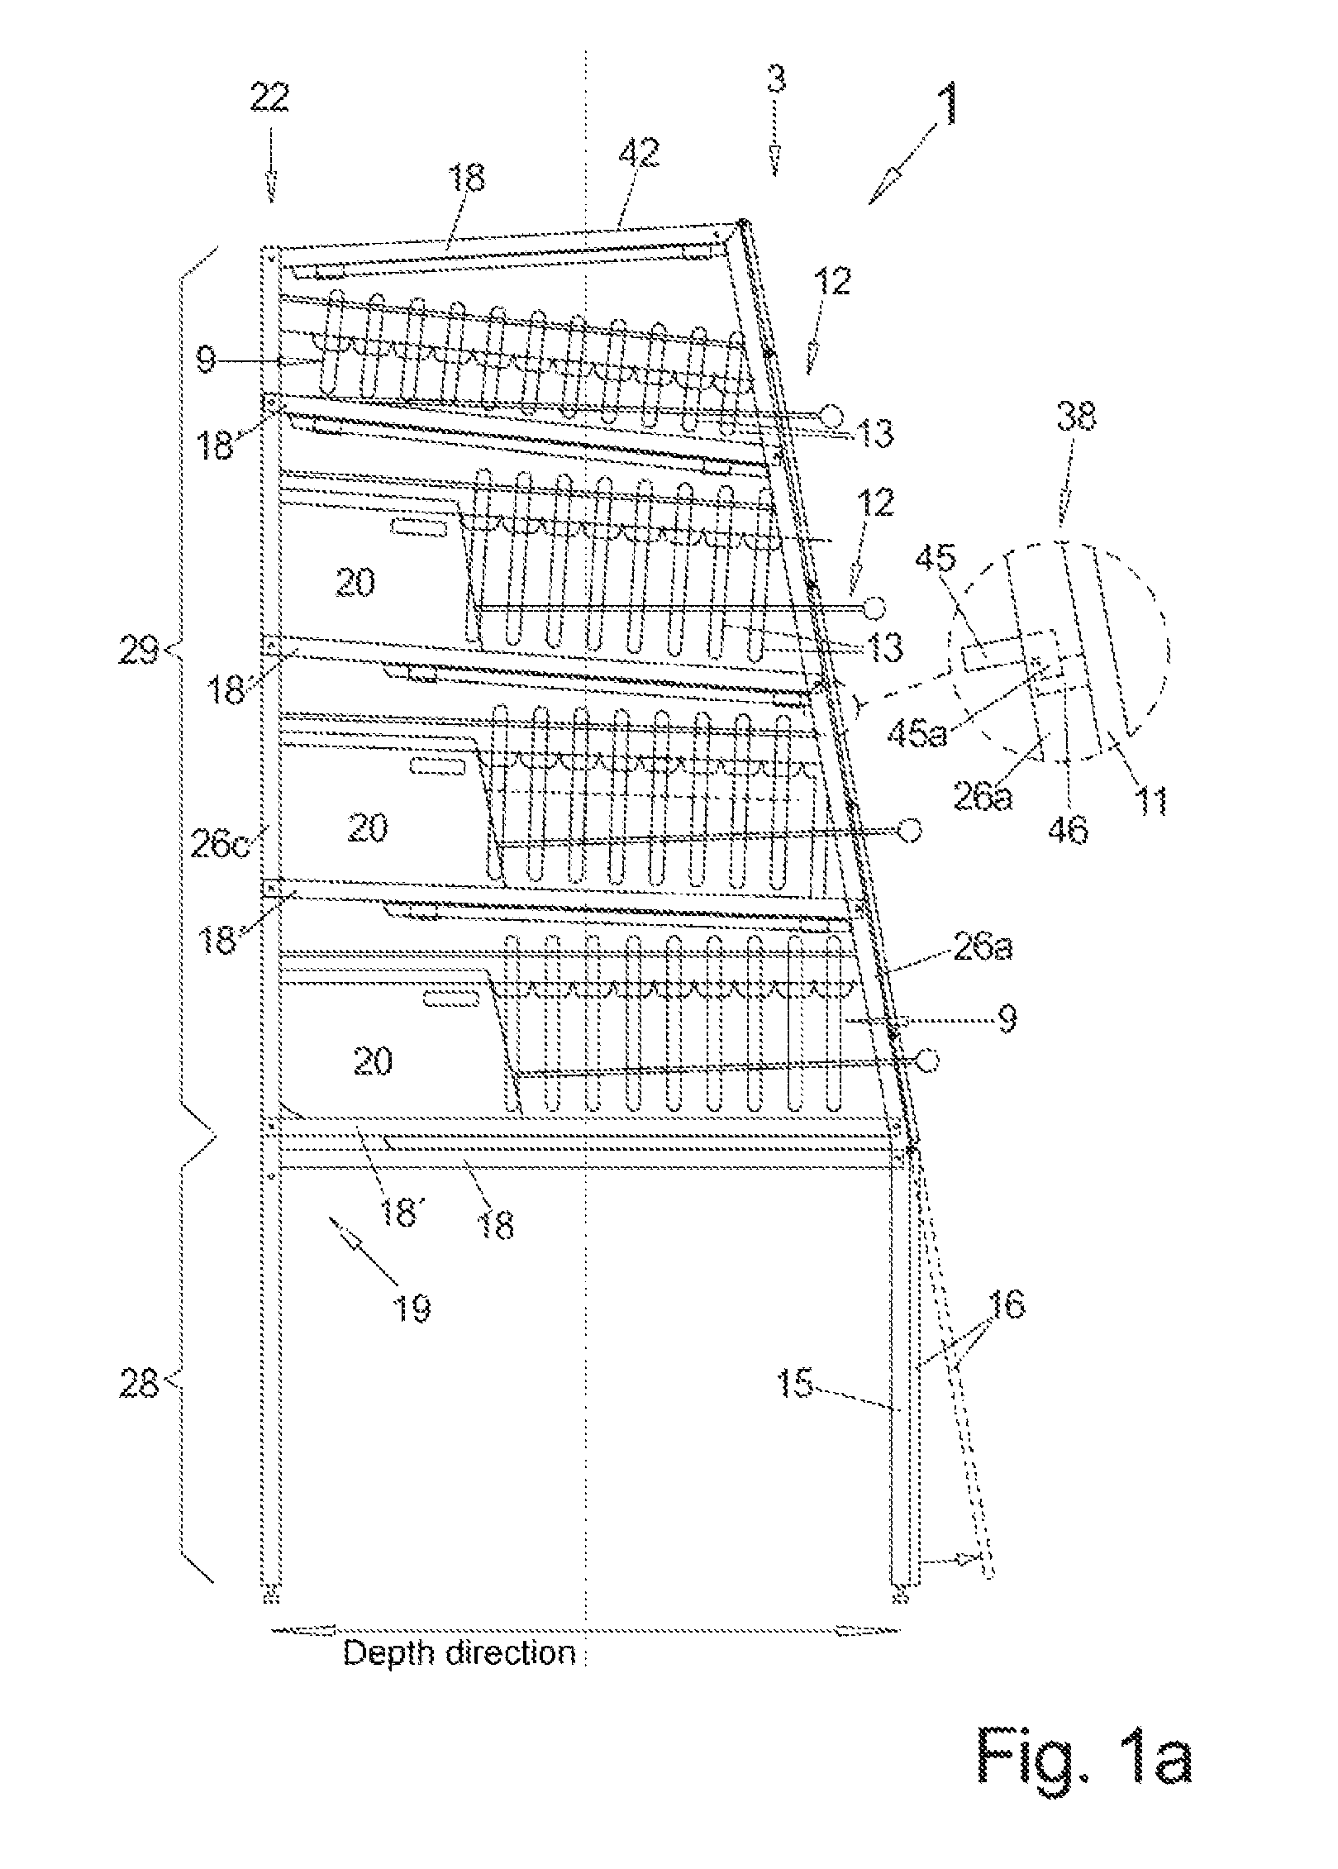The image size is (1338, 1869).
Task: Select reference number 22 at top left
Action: [x=269, y=98]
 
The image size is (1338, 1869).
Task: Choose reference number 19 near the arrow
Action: [x=411, y=1307]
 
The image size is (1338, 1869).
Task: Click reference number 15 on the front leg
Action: [x=795, y=1382]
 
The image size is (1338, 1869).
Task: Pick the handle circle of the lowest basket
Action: [x=926, y=1060]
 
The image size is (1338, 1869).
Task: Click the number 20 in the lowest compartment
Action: [x=372, y=1061]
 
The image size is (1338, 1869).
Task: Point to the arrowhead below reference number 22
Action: [x=271, y=191]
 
